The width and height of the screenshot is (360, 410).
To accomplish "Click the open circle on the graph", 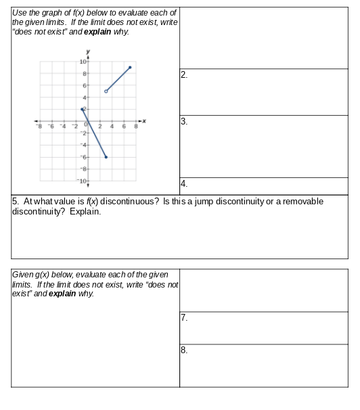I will [x=106, y=91].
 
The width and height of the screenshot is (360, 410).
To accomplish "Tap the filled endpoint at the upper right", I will [x=130, y=68].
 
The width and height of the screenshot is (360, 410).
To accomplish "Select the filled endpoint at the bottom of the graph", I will [x=106, y=156].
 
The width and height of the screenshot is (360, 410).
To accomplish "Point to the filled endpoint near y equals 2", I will [x=83, y=109].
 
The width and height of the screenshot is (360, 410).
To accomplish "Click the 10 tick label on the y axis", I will [x=83, y=62].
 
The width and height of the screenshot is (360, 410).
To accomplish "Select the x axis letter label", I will [x=144, y=120].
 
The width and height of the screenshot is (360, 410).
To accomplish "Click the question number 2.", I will [x=184, y=74].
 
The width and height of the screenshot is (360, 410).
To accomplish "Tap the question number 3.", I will [x=184, y=121].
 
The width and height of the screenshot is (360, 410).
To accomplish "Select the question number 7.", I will [x=184, y=317].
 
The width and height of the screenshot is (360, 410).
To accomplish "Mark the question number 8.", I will [x=184, y=350].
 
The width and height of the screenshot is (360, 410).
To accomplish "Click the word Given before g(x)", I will [x=24, y=275].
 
